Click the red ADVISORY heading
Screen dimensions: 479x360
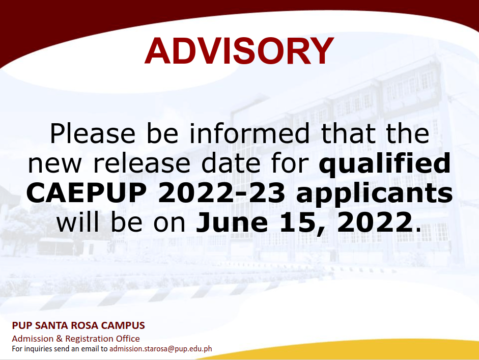[x=239, y=51]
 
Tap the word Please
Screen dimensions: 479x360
[x=93, y=133]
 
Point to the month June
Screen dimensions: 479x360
[x=232, y=222]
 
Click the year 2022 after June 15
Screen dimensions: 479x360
[x=375, y=222]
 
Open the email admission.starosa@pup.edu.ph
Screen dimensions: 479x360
[x=161, y=349]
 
